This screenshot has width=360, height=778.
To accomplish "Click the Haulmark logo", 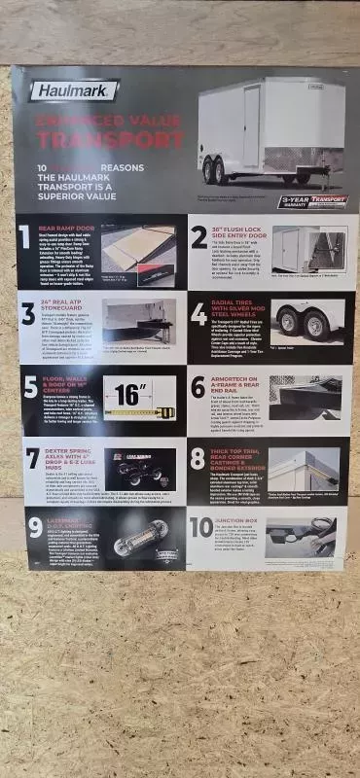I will tap(73, 91).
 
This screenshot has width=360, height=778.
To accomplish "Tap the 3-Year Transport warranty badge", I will tap(312, 201).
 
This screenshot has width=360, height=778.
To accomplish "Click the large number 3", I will tap(28, 312).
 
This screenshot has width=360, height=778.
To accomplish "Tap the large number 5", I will tap(28, 386).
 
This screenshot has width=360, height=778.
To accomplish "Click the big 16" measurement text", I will tap(130, 395).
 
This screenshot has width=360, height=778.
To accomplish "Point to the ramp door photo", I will tap(137, 255).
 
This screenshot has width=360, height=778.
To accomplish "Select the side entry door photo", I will tap(308, 249).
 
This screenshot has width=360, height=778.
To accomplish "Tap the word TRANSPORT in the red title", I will tap(109, 140).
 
